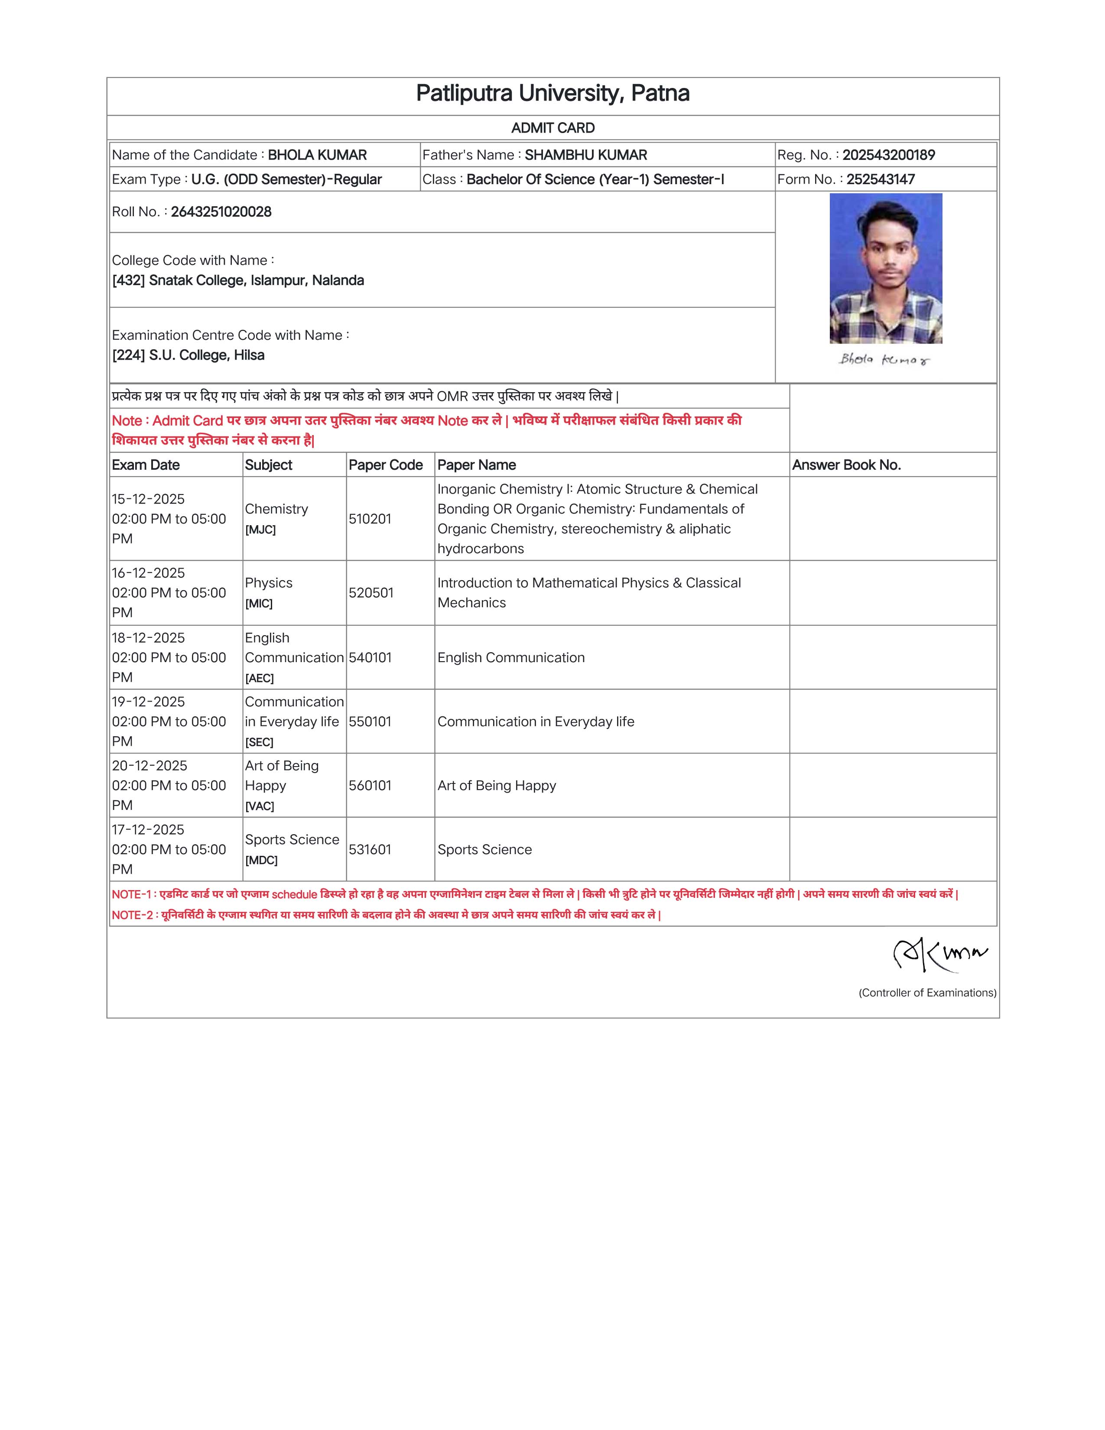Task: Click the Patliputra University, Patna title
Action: pyautogui.click(x=552, y=94)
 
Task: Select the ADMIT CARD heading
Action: pyautogui.click(x=552, y=128)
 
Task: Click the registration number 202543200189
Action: pyautogui.click(x=888, y=155)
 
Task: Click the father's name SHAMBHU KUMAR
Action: pyautogui.click(x=585, y=155)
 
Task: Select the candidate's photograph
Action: pyautogui.click(x=886, y=269)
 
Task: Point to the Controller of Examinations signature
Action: pyautogui.click(x=940, y=955)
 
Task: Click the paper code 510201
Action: pyautogui.click(x=370, y=519)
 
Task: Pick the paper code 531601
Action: pyautogui.click(x=370, y=850)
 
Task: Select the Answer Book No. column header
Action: pyautogui.click(x=846, y=465)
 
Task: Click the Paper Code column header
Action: pyautogui.click(x=386, y=465)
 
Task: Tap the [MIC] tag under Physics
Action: pyautogui.click(x=259, y=604)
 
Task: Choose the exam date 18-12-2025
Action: pyautogui.click(x=149, y=638)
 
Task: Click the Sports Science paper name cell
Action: pyautogui.click(x=484, y=850)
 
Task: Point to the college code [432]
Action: pyautogui.click(x=128, y=281)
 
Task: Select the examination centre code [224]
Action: pyautogui.click(x=128, y=355)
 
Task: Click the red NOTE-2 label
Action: pyautogui.click(x=132, y=915)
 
